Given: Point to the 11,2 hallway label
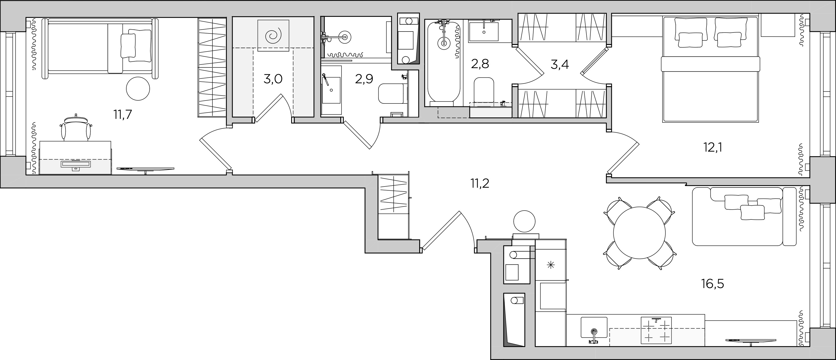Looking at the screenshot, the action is pyautogui.click(x=480, y=184).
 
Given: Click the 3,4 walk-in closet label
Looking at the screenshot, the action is pyautogui.click(x=560, y=64).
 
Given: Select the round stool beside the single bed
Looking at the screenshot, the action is pyautogui.click(x=138, y=88).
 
